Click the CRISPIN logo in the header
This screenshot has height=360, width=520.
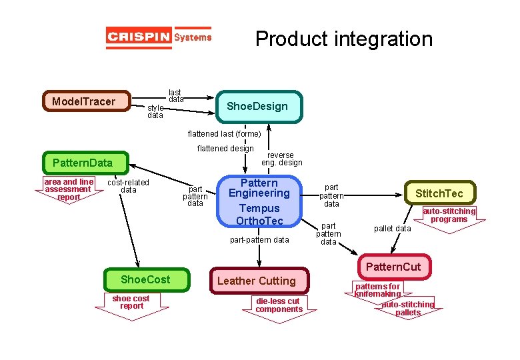[x=159, y=37]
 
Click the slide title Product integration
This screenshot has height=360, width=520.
[x=343, y=39]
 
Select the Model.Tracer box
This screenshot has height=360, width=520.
[x=86, y=101]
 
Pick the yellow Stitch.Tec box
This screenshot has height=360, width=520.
[x=440, y=193]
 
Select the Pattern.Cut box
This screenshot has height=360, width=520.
[x=393, y=267]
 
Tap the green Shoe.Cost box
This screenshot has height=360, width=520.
[x=145, y=279]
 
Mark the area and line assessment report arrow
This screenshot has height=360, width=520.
[x=69, y=189]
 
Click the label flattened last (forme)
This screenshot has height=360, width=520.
[x=224, y=134]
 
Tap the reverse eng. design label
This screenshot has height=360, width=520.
[x=281, y=159]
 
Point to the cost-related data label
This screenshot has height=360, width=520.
[x=128, y=186]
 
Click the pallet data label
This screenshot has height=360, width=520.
[x=392, y=229]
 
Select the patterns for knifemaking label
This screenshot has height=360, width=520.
[x=377, y=290]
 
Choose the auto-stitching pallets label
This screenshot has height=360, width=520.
[x=407, y=308]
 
